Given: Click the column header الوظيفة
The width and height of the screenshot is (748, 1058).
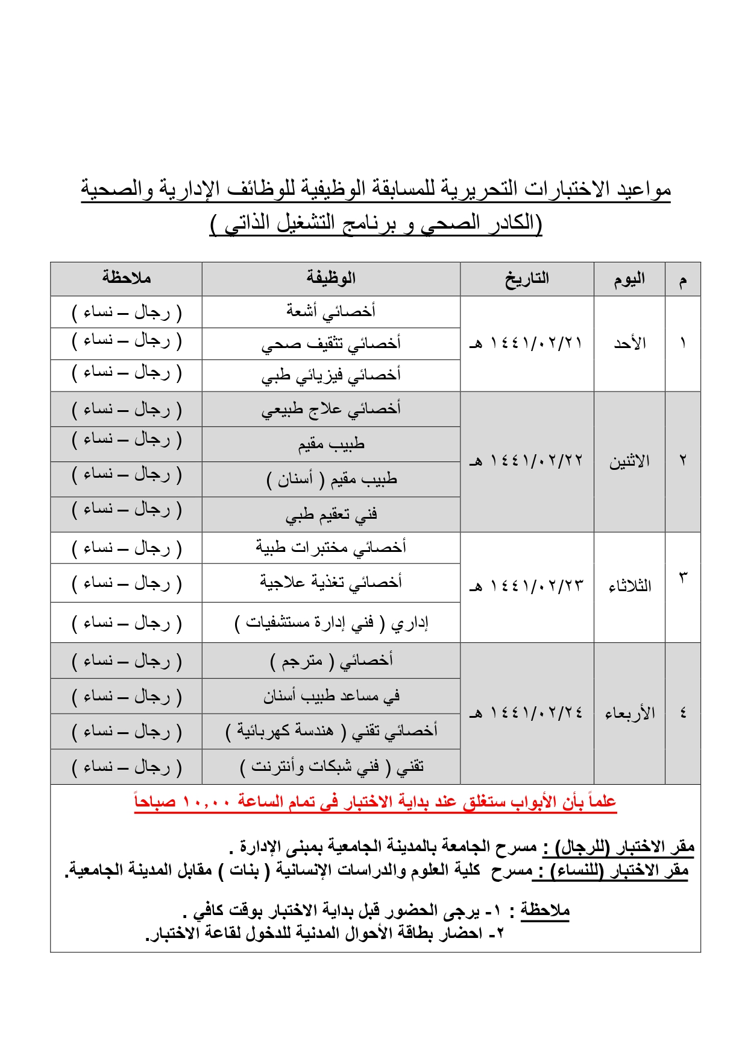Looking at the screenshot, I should coord(331,279).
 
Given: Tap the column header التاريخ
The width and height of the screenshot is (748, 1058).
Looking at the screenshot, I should coord(527,279).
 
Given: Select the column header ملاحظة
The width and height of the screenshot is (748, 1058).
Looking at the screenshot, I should coord(126,278).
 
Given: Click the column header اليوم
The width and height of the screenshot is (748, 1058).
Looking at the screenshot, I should coord(629,279).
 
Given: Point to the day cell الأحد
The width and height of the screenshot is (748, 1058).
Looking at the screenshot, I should coord(629,344).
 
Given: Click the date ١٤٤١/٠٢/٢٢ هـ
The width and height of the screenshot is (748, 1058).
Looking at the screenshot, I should coord(527,461).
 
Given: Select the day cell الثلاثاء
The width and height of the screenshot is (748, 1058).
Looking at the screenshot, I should coord(629,586).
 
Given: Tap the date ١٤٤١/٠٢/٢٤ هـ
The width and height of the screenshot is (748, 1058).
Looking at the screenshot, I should coord(527,713).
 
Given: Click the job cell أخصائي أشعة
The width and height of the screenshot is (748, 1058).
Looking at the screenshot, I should coord(331,311).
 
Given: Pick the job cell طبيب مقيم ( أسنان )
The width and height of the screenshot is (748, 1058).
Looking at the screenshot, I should coord(331,480).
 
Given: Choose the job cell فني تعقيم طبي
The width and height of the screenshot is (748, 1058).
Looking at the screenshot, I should coord(331,515).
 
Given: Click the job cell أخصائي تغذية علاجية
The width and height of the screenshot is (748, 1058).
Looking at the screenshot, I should coord(331,583).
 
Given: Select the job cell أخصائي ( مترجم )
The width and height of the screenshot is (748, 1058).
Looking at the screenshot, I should coord(331,660).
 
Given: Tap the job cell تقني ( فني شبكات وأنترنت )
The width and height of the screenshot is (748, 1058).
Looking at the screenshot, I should coord(331,767).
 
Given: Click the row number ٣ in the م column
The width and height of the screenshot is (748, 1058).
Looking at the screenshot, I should coord(683,577).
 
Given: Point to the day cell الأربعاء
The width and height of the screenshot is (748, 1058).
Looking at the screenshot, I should coord(629,713).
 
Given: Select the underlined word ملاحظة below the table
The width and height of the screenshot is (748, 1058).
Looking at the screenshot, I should coord(545,910).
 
